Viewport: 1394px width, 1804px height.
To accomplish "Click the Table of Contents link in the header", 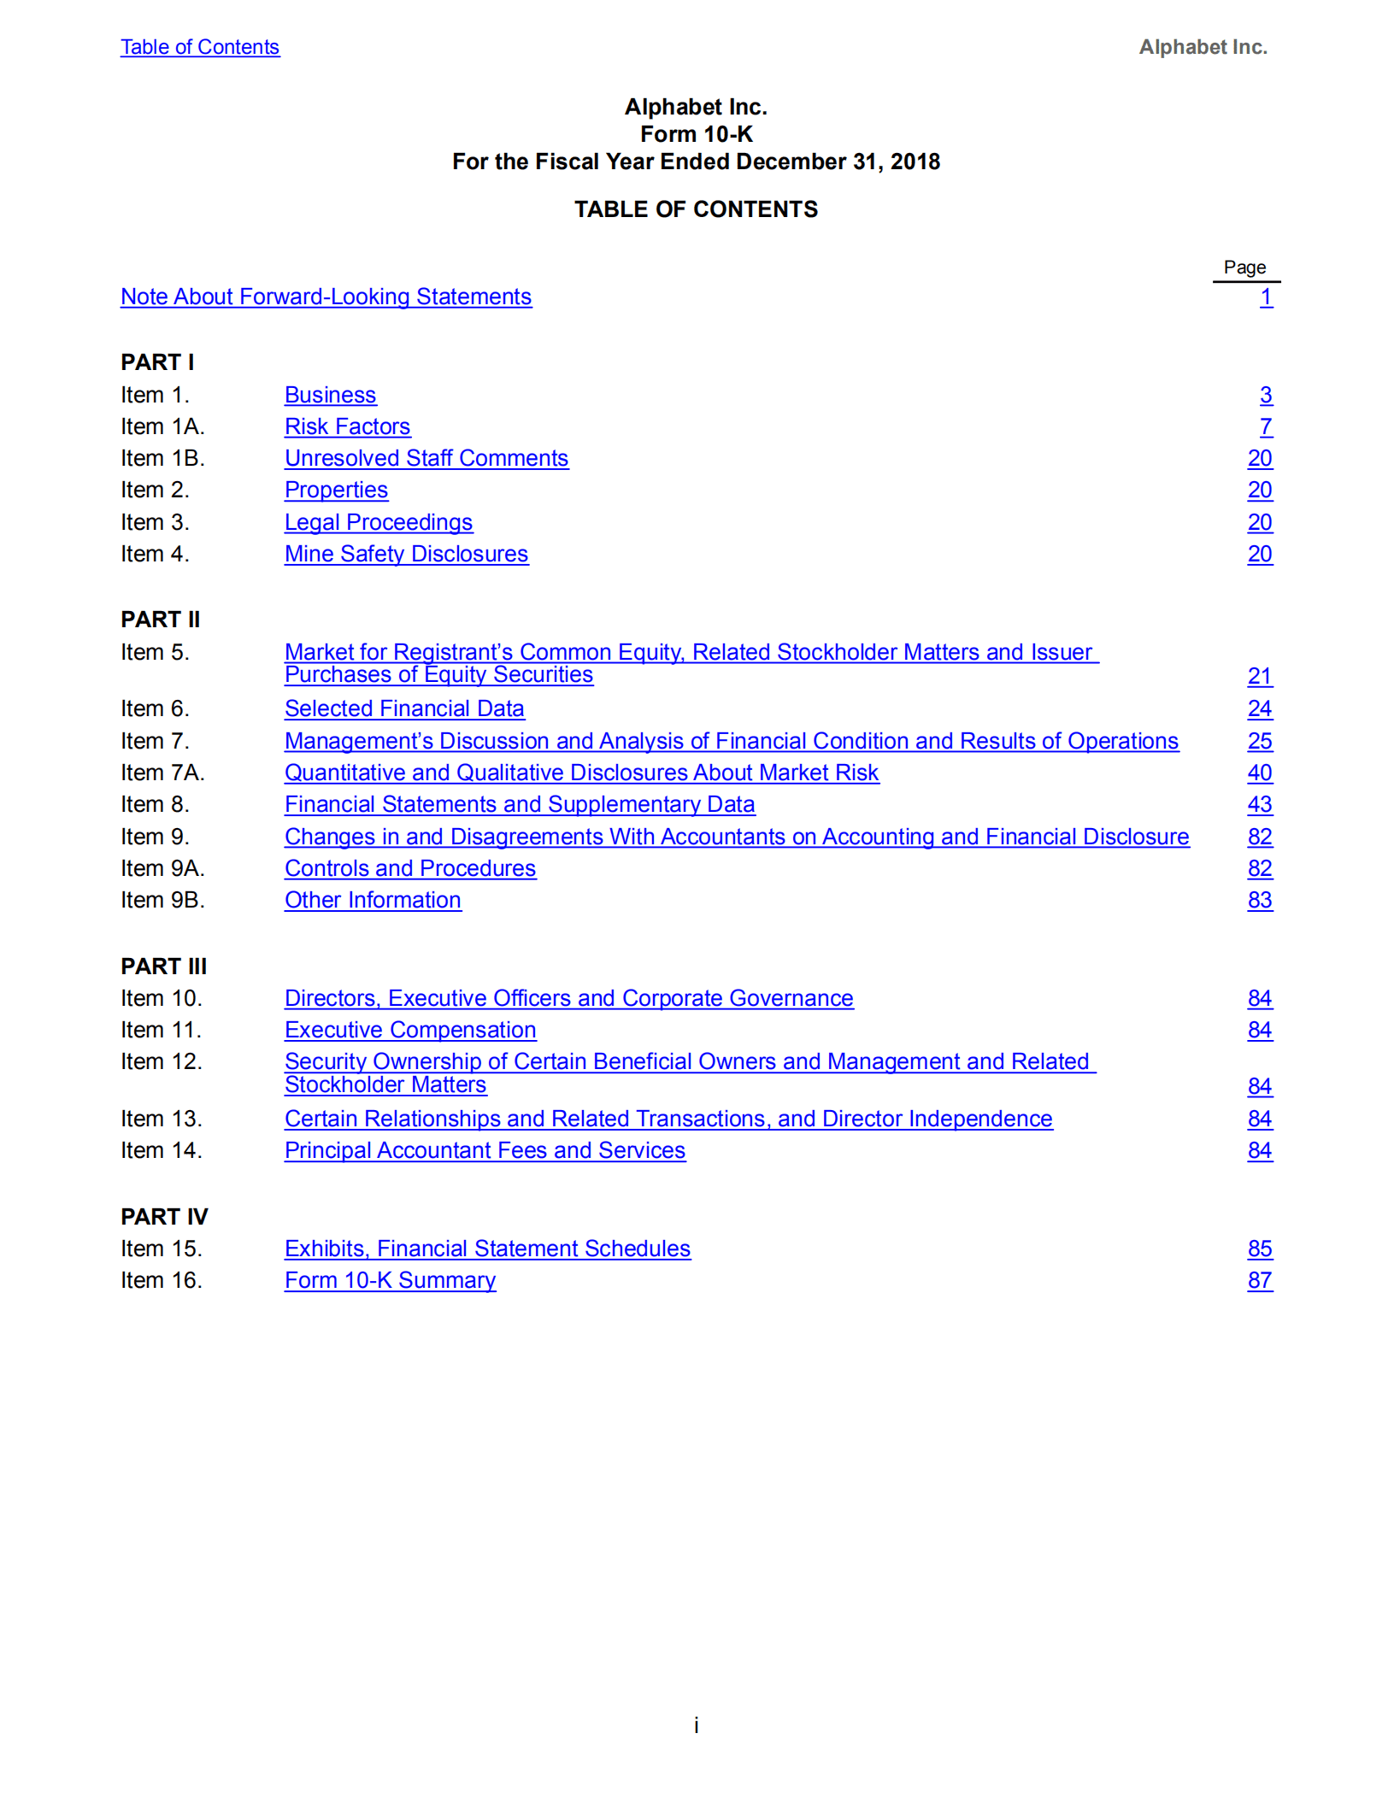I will (x=199, y=47).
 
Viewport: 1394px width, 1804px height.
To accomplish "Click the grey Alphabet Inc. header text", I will (x=1202, y=47).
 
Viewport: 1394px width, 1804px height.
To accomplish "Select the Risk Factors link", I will (x=347, y=426).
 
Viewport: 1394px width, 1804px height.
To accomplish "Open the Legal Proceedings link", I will (x=378, y=522).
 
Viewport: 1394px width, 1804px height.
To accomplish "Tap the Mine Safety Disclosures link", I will (x=406, y=554).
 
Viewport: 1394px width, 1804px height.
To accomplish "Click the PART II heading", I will (x=160, y=619).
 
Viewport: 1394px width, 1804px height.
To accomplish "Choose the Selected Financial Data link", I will (x=404, y=708).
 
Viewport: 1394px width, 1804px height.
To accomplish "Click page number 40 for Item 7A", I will (x=1259, y=773).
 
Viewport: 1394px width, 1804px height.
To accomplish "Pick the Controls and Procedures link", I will (x=410, y=868).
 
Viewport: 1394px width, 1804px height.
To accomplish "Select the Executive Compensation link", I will (x=410, y=1030).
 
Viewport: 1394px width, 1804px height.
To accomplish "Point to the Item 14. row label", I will (x=161, y=1150).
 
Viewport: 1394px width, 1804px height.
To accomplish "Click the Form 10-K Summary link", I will (x=390, y=1280).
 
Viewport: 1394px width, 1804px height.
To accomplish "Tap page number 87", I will (x=1259, y=1280).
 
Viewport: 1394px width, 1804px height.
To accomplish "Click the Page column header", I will (x=1244, y=267).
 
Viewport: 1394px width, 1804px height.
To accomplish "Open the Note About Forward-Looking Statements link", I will (x=326, y=297).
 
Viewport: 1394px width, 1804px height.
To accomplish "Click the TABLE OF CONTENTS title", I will (x=696, y=209).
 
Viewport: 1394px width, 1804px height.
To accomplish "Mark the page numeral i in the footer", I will (x=696, y=1725).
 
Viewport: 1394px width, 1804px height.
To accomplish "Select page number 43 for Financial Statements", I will (x=1259, y=804).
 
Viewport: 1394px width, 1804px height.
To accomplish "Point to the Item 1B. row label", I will (x=162, y=458).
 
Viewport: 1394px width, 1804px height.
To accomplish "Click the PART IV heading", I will (x=164, y=1216).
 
